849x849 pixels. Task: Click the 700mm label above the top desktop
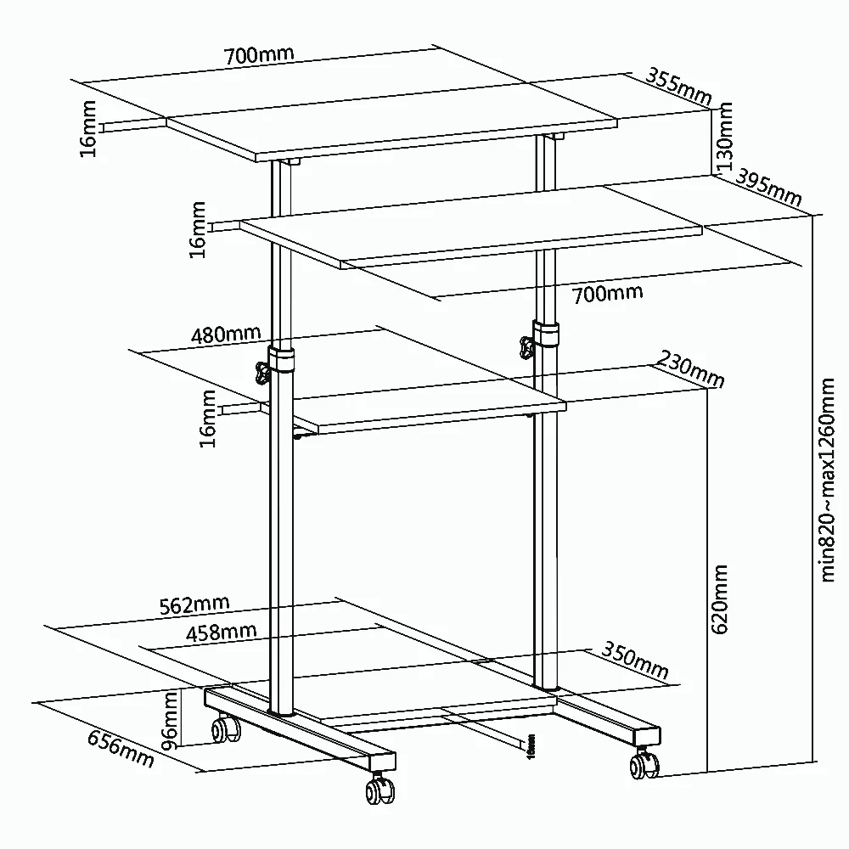click(x=259, y=55)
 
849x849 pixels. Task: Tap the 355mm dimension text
click(x=678, y=87)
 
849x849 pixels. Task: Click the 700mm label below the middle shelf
click(x=607, y=294)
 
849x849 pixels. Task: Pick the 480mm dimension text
click(x=225, y=334)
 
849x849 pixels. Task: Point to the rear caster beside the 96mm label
click(x=225, y=728)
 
